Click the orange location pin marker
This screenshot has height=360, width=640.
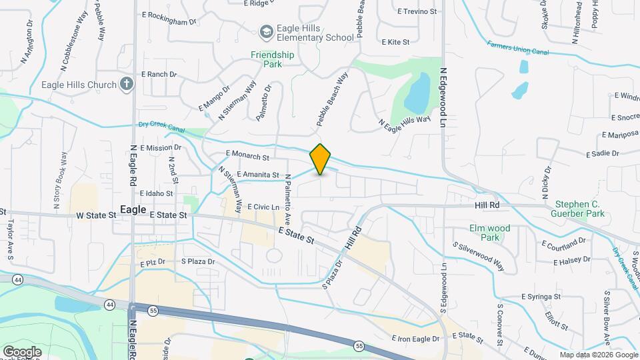coord(321,159)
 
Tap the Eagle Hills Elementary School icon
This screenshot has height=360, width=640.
coord(267,32)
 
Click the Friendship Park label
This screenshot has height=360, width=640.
coord(273,59)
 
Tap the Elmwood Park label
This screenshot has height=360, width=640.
coord(490,233)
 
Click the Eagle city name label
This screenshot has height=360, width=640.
coord(133,209)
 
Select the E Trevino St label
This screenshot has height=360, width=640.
coord(417,11)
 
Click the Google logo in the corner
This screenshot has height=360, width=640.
coord(22,351)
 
